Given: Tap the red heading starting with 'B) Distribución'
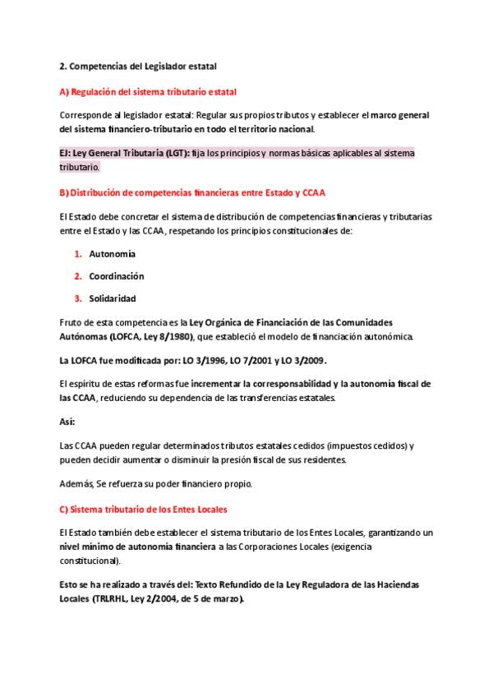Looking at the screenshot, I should point(192,193).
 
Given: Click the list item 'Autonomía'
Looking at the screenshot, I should point(112,254).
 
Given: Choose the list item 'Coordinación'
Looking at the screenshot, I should point(116,276).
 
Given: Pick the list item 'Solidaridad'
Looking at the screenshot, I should point(112,298).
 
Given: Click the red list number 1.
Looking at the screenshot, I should point(77,254).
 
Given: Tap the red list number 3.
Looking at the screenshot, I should point(77,298).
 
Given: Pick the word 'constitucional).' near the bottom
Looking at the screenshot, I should point(90,561).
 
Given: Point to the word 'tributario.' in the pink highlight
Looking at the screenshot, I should point(80,167).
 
